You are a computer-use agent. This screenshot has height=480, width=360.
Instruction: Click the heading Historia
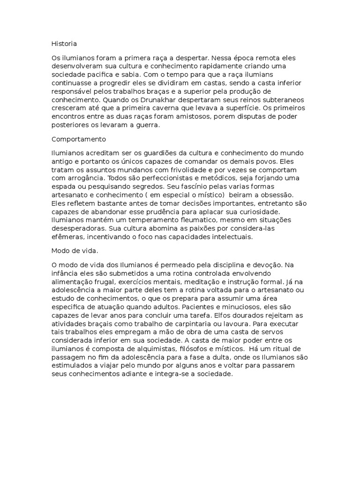point(64,44)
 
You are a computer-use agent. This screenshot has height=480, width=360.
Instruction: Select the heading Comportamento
point(79,139)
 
